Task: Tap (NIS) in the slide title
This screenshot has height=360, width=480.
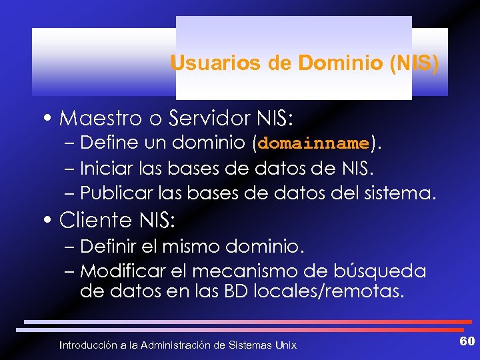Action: (x=415, y=63)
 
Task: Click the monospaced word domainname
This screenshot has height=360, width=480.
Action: (x=313, y=143)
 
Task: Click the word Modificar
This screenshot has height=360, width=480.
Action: (x=119, y=271)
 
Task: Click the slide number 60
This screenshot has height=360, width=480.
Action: (x=466, y=342)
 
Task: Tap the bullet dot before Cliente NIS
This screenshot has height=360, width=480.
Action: (x=51, y=221)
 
